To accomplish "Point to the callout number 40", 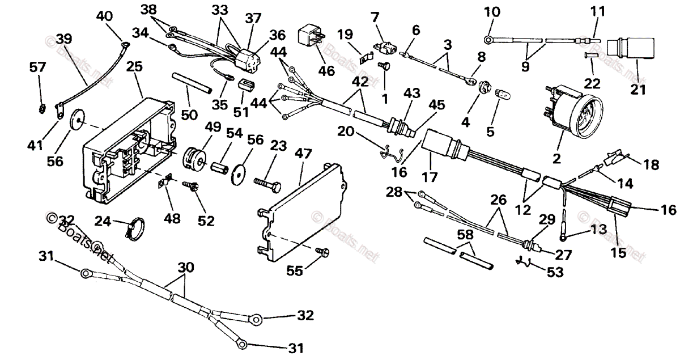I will (x=104, y=16).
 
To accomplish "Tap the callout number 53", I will (x=555, y=272).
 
